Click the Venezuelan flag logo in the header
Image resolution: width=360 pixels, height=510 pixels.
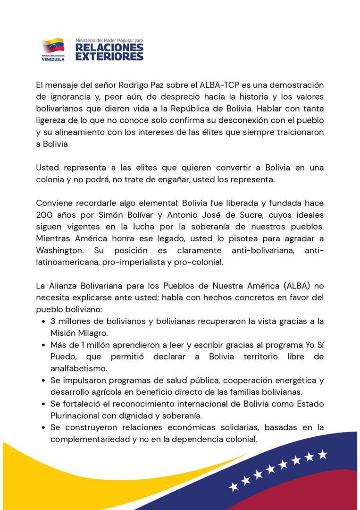53,46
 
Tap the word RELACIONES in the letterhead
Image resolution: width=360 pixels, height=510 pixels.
109,48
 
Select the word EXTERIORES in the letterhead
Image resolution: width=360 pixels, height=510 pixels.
109,57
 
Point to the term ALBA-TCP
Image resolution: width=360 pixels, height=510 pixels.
213,85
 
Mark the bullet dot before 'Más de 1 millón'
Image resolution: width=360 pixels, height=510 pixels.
43,345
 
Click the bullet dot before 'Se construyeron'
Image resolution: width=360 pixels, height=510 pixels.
43,427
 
